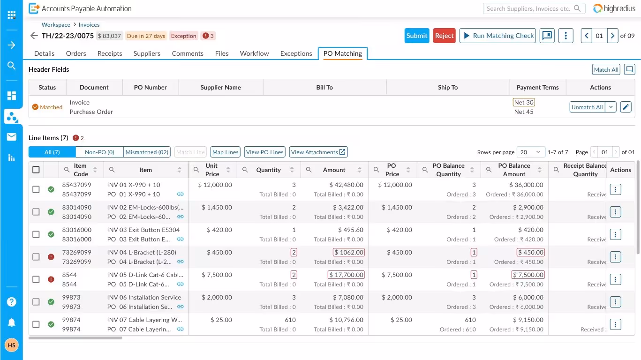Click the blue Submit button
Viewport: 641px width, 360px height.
pyautogui.click(x=417, y=36)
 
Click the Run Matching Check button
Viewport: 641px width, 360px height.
pyautogui.click(x=498, y=36)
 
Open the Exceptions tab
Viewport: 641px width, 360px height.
pyautogui.click(x=296, y=53)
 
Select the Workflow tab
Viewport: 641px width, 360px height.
pyautogui.click(x=254, y=53)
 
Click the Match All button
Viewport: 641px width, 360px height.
pyautogui.click(x=606, y=69)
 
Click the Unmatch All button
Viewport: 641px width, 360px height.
pyautogui.click(x=587, y=107)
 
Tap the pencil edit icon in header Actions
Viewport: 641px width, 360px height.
pyautogui.click(x=626, y=107)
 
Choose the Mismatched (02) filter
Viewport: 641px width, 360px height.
pyautogui.click(x=147, y=152)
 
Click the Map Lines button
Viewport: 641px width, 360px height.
pyautogui.click(x=225, y=152)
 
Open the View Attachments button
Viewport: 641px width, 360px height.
pyautogui.click(x=318, y=152)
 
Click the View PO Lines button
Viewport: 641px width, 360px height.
pyautogui.click(x=264, y=152)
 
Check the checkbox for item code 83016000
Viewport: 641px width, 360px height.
pyautogui.click(x=36, y=234)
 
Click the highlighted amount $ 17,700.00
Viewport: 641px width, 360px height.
pyautogui.click(x=346, y=275)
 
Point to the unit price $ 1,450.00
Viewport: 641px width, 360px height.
pyautogui.click(x=217, y=207)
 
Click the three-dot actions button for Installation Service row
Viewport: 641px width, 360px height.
pyautogui.click(x=615, y=302)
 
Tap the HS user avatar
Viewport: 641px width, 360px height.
pyautogui.click(x=12, y=345)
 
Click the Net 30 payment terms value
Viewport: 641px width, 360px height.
pyautogui.click(x=524, y=102)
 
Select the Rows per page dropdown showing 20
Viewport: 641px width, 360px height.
pyautogui.click(x=531, y=152)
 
